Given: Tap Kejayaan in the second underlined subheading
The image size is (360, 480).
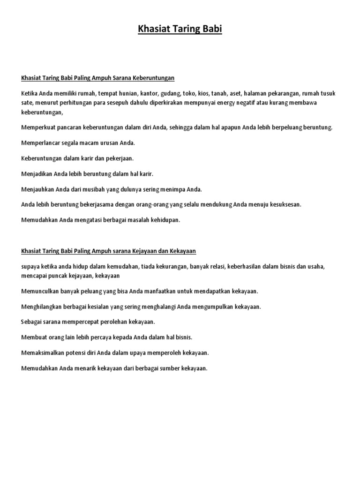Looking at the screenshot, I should pos(163,251).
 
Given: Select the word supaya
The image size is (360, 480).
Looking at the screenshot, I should pos(31,266).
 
